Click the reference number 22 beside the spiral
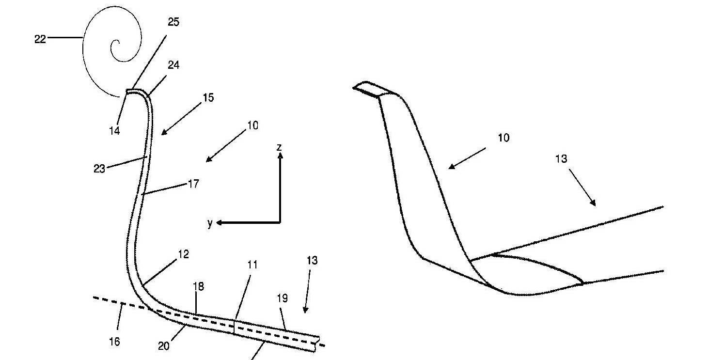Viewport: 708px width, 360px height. [x=40, y=39]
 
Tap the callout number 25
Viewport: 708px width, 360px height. [x=173, y=22]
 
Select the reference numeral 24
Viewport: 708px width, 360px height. [x=173, y=64]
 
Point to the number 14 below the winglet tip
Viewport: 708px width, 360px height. [x=114, y=130]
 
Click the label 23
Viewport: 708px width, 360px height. [x=99, y=169]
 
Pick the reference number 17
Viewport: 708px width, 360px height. [x=193, y=184]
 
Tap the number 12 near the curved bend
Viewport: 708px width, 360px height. [x=183, y=254]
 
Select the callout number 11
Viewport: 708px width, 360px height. [x=252, y=265]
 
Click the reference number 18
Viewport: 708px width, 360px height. [x=198, y=286]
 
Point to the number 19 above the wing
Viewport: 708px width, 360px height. [x=282, y=298]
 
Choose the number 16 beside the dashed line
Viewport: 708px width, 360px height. [x=114, y=342]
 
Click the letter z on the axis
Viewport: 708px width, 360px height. [x=279, y=146]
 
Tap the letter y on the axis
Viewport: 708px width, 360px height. [x=210, y=223]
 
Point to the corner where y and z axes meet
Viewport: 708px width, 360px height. [x=280, y=222]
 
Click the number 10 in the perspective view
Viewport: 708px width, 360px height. [x=503, y=138]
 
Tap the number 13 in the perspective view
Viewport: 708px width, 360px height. [x=561, y=158]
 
